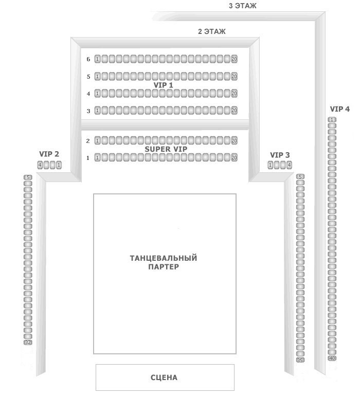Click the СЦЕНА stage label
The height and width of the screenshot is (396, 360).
click(164, 377)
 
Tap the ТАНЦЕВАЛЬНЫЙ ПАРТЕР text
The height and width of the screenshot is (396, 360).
click(164, 262)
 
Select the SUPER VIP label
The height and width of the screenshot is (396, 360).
click(166, 149)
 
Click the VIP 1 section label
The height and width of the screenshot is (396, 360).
click(164, 85)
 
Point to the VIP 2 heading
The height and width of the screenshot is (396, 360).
click(49, 154)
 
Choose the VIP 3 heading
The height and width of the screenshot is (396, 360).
click(280, 155)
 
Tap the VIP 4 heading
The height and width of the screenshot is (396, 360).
click(340, 109)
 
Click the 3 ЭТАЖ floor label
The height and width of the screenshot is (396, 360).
click(243, 6)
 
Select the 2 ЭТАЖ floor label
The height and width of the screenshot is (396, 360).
click(212, 31)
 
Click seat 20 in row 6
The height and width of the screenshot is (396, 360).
click(234, 59)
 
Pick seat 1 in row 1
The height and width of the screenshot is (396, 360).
click(98, 157)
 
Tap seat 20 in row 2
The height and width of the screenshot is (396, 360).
click(234, 140)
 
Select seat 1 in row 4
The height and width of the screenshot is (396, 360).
click(98, 94)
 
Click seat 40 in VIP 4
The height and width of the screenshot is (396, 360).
click(332, 358)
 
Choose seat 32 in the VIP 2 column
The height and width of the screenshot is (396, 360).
click(28, 342)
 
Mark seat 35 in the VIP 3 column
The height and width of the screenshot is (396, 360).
click(300, 360)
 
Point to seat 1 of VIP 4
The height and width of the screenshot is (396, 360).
click(332, 119)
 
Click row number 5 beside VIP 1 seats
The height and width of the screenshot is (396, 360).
click(88, 77)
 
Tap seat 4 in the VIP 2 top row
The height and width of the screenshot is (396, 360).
click(40, 165)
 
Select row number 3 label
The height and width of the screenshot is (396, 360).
click(88, 111)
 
